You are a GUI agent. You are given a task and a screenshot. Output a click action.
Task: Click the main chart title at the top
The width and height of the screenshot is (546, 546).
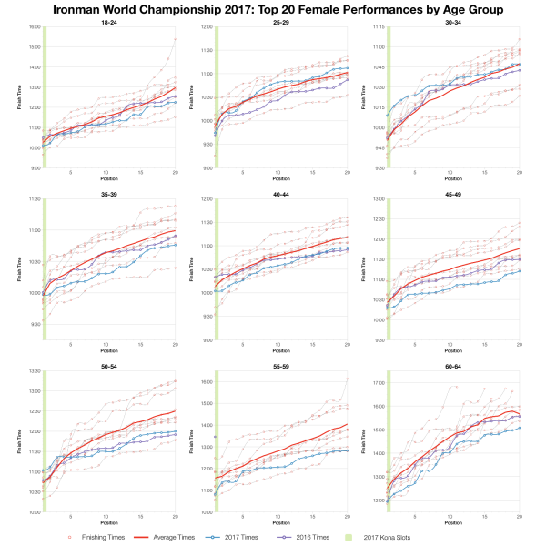click(x=273, y=10)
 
